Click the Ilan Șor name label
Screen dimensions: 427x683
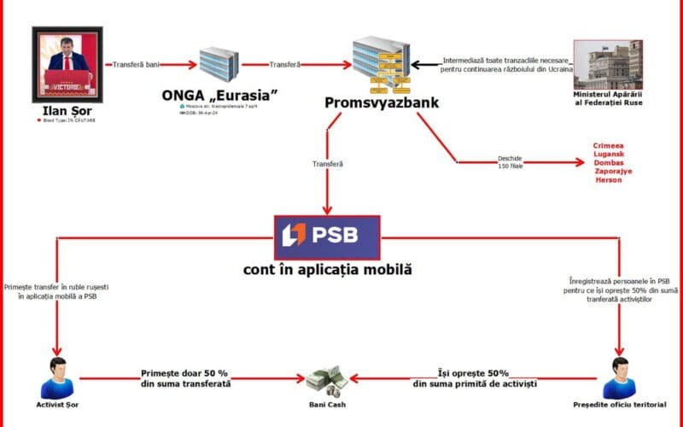67,110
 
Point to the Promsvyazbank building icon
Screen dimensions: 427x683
381,63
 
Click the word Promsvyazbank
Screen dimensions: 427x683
381,103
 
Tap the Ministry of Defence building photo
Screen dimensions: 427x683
607,65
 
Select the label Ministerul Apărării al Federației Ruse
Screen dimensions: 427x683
607,98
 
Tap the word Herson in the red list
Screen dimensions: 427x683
609,180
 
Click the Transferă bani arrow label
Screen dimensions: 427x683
134,64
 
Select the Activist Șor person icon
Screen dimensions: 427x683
57,377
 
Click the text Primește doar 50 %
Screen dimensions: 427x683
186,374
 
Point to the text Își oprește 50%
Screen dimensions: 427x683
474,373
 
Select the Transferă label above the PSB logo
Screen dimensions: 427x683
329,164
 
